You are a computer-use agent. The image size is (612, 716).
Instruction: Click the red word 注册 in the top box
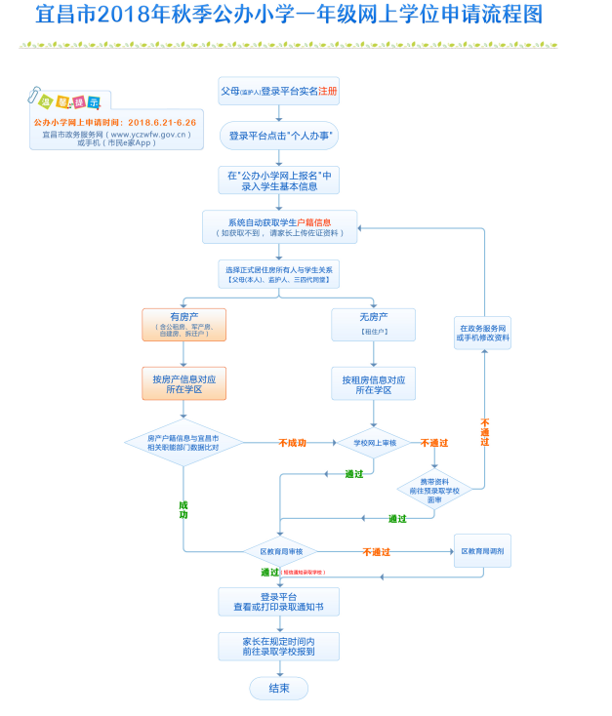point(328,90)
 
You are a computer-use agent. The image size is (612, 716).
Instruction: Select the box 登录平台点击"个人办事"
point(279,136)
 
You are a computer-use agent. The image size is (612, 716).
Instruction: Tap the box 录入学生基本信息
point(279,180)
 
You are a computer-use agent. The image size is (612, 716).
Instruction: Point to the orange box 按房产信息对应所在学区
point(184,383)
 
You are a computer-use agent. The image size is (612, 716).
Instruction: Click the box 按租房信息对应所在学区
point(374,383)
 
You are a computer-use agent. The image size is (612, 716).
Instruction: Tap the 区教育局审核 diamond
point(280,551)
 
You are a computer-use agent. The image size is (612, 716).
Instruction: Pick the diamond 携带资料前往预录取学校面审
point(435,487)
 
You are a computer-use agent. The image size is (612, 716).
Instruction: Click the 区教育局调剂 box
point(483,551)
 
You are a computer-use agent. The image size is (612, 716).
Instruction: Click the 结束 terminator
point(279,688)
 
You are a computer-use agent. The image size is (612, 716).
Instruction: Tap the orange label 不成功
point(292,443)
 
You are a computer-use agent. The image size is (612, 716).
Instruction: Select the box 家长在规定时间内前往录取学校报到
point(279,646)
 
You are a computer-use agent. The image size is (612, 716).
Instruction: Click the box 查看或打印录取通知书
point(279,601)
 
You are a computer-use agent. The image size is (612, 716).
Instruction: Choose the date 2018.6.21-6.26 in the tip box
point(162,123)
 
